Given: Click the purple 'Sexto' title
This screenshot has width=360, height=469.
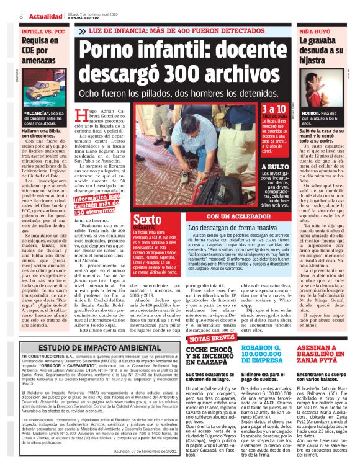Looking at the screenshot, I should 147,220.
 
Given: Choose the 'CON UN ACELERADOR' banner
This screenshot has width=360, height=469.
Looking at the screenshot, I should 238,217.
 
